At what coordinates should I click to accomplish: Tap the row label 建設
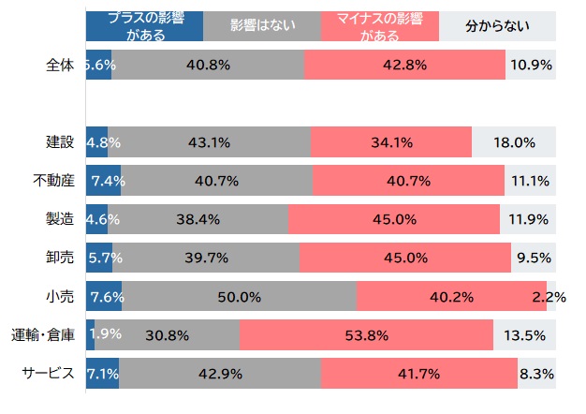tap(60, 143)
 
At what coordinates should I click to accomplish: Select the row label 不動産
tap(53, 181)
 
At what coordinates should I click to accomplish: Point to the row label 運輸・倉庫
tap(43, 334)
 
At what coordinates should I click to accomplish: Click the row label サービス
tap(48, 374)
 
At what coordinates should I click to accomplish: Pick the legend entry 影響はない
tap(261, 25)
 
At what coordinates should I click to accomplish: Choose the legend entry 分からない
tap(497, 25)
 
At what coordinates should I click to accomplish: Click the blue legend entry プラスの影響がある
tap(143, 25)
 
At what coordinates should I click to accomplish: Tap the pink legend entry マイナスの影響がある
tap(379, 25)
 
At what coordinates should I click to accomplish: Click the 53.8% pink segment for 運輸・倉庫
tap(366, 334)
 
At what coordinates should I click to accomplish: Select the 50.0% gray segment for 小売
tap(239, 297)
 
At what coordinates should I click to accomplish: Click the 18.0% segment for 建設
tap(513, 143)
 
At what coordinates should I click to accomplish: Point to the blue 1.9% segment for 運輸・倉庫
tap(90, 334)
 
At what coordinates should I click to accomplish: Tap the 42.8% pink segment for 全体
tap(404, 66)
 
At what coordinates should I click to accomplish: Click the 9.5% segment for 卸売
tap(533, 258)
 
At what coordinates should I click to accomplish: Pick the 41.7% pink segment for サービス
tap(419, 374)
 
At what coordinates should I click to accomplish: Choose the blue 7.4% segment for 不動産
tap(103, 181)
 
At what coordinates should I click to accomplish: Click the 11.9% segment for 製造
tap(527, 219)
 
